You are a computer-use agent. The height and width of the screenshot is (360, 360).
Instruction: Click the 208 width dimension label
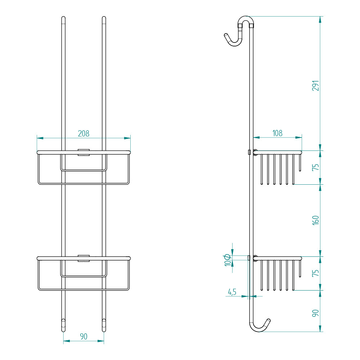[84, 134]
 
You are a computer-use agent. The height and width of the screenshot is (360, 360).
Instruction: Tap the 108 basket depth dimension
[277, 133]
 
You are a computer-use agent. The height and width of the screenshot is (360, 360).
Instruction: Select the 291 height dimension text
[316, 86]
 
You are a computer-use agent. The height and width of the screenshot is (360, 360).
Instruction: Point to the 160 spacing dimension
[316, 220]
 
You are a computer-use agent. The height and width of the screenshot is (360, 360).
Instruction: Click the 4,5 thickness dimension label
[232, 292]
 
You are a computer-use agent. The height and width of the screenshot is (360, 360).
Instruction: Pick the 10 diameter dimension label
[228, 260]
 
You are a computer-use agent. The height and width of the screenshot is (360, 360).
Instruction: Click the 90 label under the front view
[84, 336]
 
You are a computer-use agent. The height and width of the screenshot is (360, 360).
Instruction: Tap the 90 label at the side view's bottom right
[316, 313]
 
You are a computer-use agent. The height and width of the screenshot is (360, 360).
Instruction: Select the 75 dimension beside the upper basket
[316, 167]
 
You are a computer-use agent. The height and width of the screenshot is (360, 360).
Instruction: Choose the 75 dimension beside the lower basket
[316, 273]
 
